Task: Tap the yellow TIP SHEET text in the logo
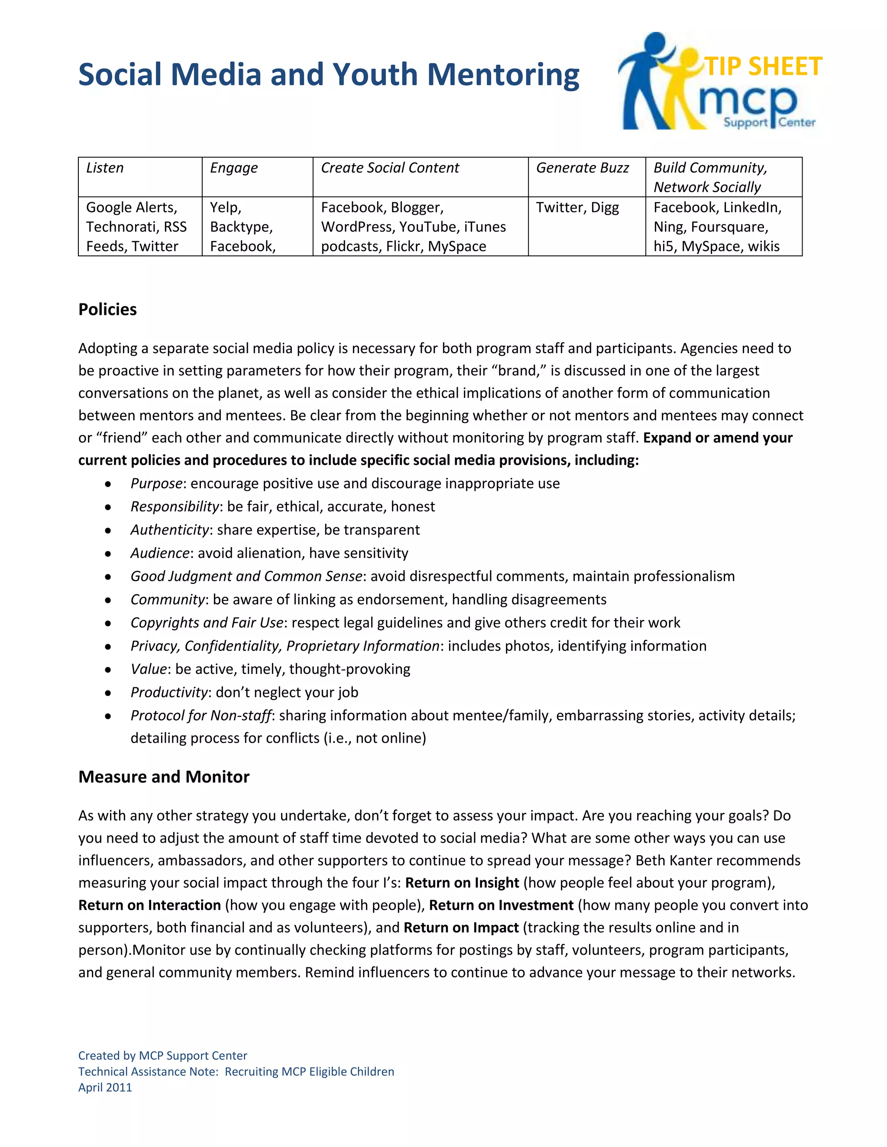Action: click(763, 67)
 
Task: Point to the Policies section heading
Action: click(108, 309)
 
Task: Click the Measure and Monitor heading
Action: click(164, 777)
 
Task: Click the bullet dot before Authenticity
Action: click(108, 531)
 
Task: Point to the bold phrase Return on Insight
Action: click(462, 883)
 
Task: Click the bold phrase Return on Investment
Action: click(501, 905)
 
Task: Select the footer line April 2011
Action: click(105, 1088)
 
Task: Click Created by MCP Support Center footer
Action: click(162, 1056)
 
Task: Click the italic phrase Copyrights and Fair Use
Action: click(207, 623)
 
